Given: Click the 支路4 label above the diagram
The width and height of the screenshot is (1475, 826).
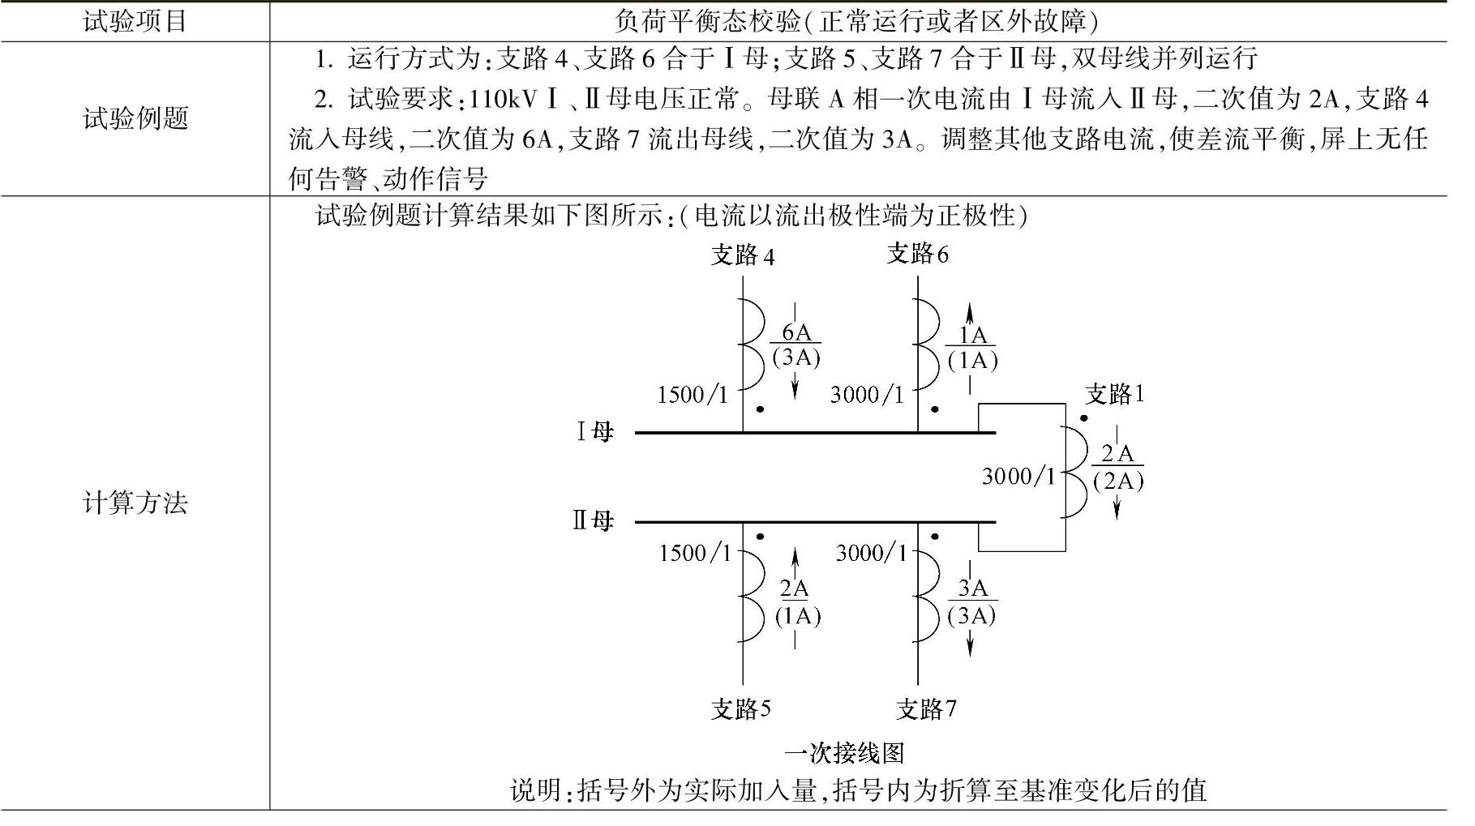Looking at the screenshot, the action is tap(742, 256).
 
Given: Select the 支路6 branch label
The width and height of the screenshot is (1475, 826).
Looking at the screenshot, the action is tap(917, 255).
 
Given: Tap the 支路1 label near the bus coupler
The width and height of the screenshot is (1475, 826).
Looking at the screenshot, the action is tap(1115, 395).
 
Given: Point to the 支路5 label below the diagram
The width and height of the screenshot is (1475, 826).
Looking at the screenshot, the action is tap(740, 709).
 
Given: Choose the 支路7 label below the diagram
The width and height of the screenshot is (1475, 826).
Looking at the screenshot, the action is tap(926, 709).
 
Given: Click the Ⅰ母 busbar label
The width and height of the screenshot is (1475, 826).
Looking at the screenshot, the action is tap(594, 431).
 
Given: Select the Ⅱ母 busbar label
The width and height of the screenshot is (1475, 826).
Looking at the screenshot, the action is tap(593, 520).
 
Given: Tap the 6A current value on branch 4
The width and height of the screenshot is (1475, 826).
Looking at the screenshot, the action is tap(796, 332).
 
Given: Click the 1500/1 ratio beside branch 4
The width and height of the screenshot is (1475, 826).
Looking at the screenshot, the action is tap(692, 395).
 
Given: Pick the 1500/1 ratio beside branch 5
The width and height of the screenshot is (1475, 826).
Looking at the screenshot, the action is tap(695, 553).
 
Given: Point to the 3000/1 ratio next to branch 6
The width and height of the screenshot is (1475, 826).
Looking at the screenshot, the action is tap(867, 395).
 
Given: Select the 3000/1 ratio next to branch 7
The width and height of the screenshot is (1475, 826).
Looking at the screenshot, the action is tap(872, 553).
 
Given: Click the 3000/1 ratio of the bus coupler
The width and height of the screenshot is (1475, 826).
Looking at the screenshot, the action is tap(1018, 476).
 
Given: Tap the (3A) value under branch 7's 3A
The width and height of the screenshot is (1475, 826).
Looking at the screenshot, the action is tap(971, 615).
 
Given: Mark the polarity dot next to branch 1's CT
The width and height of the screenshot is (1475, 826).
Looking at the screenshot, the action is tap(1083, 418).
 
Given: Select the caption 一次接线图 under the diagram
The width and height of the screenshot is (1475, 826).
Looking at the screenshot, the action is tap(843, 753).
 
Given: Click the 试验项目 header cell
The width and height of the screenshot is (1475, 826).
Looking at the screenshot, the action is tap(135, 21).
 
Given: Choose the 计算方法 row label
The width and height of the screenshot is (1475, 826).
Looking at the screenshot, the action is tap(135, 503).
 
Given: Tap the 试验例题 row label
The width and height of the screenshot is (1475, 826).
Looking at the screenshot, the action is tap(135, 118).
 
